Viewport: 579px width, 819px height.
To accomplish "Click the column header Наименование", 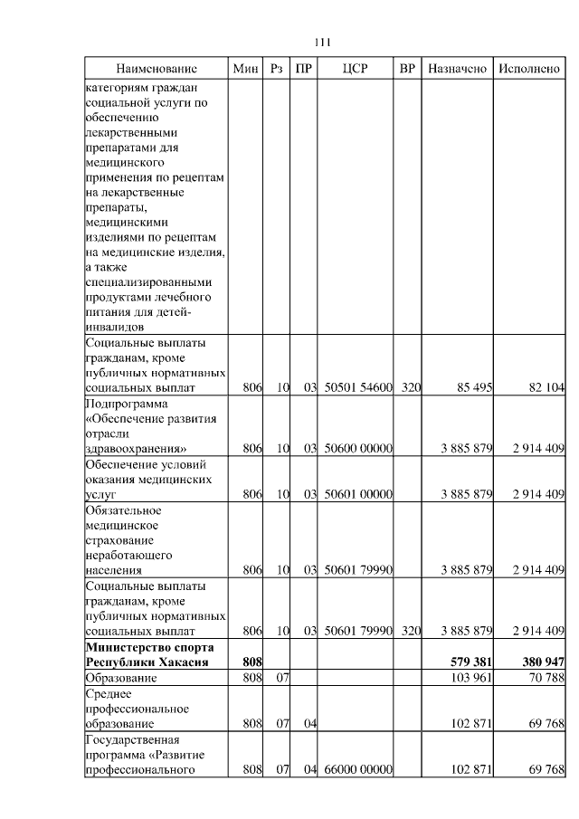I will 156,69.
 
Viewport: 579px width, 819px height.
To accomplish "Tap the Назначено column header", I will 457,69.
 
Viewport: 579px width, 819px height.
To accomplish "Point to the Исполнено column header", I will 529,69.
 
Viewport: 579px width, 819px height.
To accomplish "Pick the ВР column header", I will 408,69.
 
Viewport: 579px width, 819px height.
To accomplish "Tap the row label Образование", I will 120,678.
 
